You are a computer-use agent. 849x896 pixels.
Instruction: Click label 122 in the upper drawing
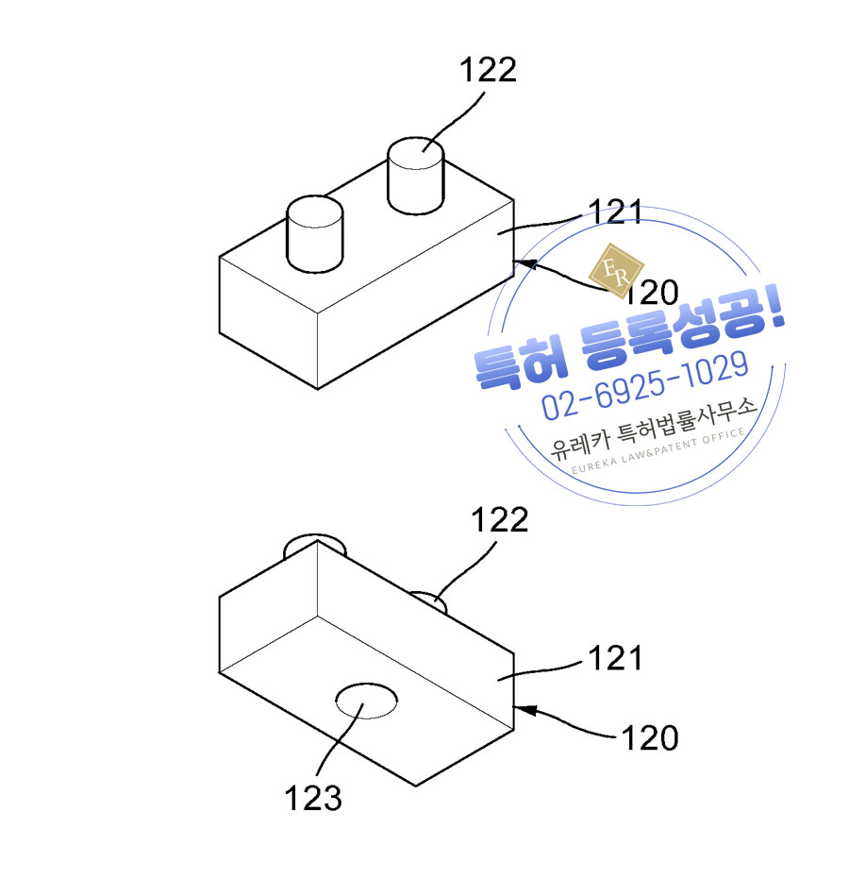click(488, 70)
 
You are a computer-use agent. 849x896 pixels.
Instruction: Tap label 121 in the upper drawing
click(615, 212)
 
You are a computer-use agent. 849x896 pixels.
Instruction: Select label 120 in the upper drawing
click(652, 293)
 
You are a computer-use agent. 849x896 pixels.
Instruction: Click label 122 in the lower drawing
click(500, 520)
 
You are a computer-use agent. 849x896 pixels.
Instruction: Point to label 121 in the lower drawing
click(615, 658)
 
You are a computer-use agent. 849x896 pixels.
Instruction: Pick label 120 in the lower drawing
click(649, 737)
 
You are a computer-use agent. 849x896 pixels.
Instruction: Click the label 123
click(313, 798)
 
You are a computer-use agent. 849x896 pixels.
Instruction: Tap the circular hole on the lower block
click(366, 701)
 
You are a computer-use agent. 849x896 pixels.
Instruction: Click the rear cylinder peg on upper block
click(416, 176)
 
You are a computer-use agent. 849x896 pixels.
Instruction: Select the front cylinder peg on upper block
click(314, 234)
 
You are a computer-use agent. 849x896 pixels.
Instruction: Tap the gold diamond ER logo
click(617, 270)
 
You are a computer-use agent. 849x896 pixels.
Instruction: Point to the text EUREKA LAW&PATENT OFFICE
click(658, 451)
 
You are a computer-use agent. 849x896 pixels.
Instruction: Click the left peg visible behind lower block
click(315, 545)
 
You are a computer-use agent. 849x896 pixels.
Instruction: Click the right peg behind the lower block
click(429, 601)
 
